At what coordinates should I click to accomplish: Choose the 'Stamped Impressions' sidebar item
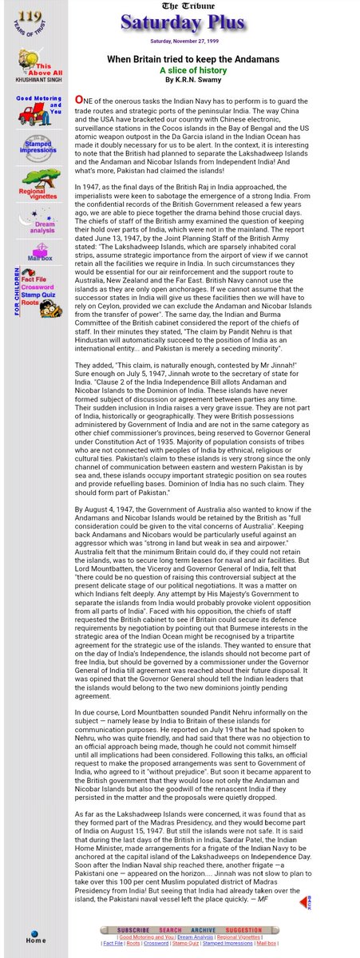[x=37, y=148]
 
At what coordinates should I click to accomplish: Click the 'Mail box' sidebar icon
[x=38, y=254]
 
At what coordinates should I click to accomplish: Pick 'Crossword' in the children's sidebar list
[x=38, y=287]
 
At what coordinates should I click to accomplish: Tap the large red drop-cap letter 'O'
[x=79, y=99]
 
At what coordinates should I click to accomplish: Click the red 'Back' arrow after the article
[x=304, y=902]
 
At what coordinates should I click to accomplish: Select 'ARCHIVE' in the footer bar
[x=203, y=930]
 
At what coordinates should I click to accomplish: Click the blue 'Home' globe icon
[x=34, y=935]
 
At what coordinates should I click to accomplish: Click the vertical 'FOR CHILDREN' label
[x=16, y=291]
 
